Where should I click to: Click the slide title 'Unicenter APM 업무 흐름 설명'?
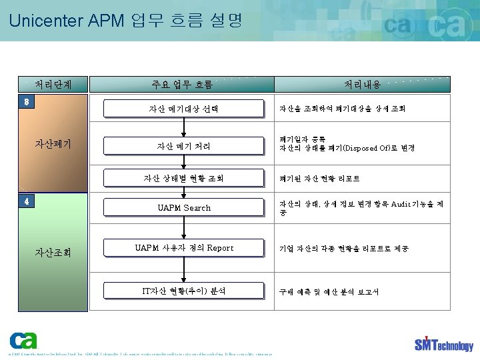pos(126,20)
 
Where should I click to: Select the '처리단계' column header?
pos(53,85)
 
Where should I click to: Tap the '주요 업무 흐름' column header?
pos(182,85)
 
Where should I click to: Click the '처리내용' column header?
pos(363,85)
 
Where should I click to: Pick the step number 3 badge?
pos(26,101)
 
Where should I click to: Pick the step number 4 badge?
pos(26,201)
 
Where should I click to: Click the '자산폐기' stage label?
pos(53,143)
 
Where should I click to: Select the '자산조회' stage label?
pos(53,253)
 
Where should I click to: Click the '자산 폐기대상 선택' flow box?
pos(183,109)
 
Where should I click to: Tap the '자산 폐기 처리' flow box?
pos(183,146)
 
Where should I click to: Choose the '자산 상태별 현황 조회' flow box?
pos(183,179)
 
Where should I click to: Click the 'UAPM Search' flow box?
pos(183,208)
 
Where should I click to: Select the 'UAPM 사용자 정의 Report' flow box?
pos(183,248)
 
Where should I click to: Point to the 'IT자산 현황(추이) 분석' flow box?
pos(183,291)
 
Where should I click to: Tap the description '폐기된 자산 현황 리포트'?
pos(320,179)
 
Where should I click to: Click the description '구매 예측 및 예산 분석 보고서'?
pos(329,292)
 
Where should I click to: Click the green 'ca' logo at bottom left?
pos(23,339)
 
